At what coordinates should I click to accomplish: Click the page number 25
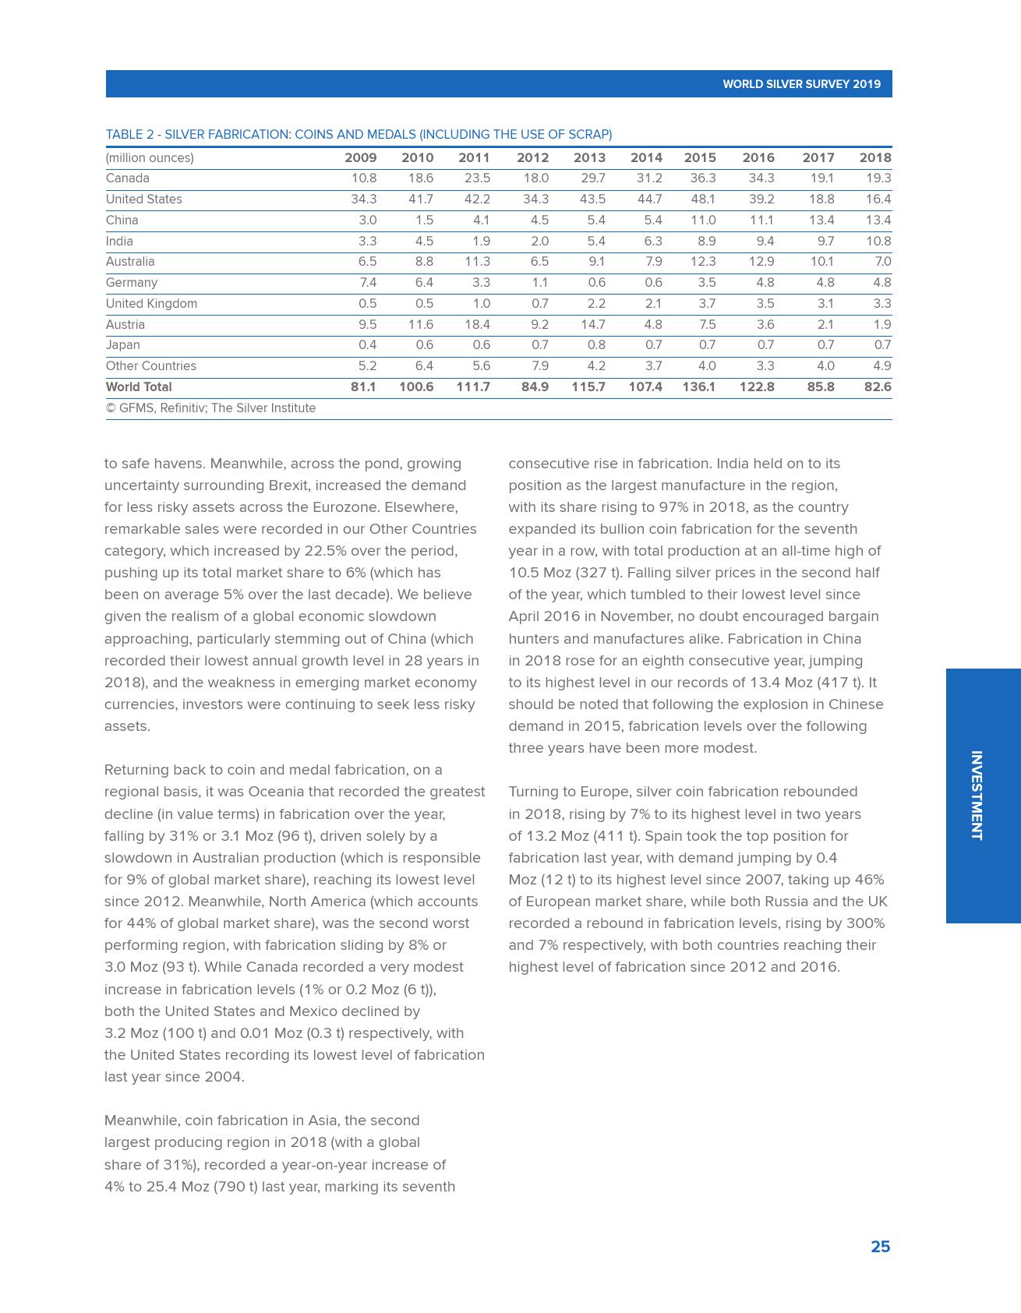[x=880, y=1247]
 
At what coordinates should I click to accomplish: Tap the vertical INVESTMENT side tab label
[x=976, y=796]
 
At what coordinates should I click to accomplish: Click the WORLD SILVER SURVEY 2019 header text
[x=801, y=84]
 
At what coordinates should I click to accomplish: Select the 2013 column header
[x=589, y=157]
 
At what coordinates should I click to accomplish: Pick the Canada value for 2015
[x=702, y=178]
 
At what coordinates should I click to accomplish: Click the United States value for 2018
[x=878, y=199]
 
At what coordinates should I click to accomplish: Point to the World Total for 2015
[x=698, y=387]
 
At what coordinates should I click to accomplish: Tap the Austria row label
[x=125, y=325]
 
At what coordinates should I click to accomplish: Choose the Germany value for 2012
[x=539, y=283]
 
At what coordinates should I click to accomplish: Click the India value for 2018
[x=878, y=242]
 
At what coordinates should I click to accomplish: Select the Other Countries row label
[x=151, y=366]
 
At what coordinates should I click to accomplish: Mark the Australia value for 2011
[x=477, y=262]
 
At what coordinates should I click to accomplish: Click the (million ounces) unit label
[x=150, y=158]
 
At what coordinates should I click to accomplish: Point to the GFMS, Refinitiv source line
[x=211, y=408]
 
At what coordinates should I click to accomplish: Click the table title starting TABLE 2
[x=359, y=135]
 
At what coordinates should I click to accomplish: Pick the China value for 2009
[x=367, y=221]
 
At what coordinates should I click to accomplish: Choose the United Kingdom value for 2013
[x=596, y=304]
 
